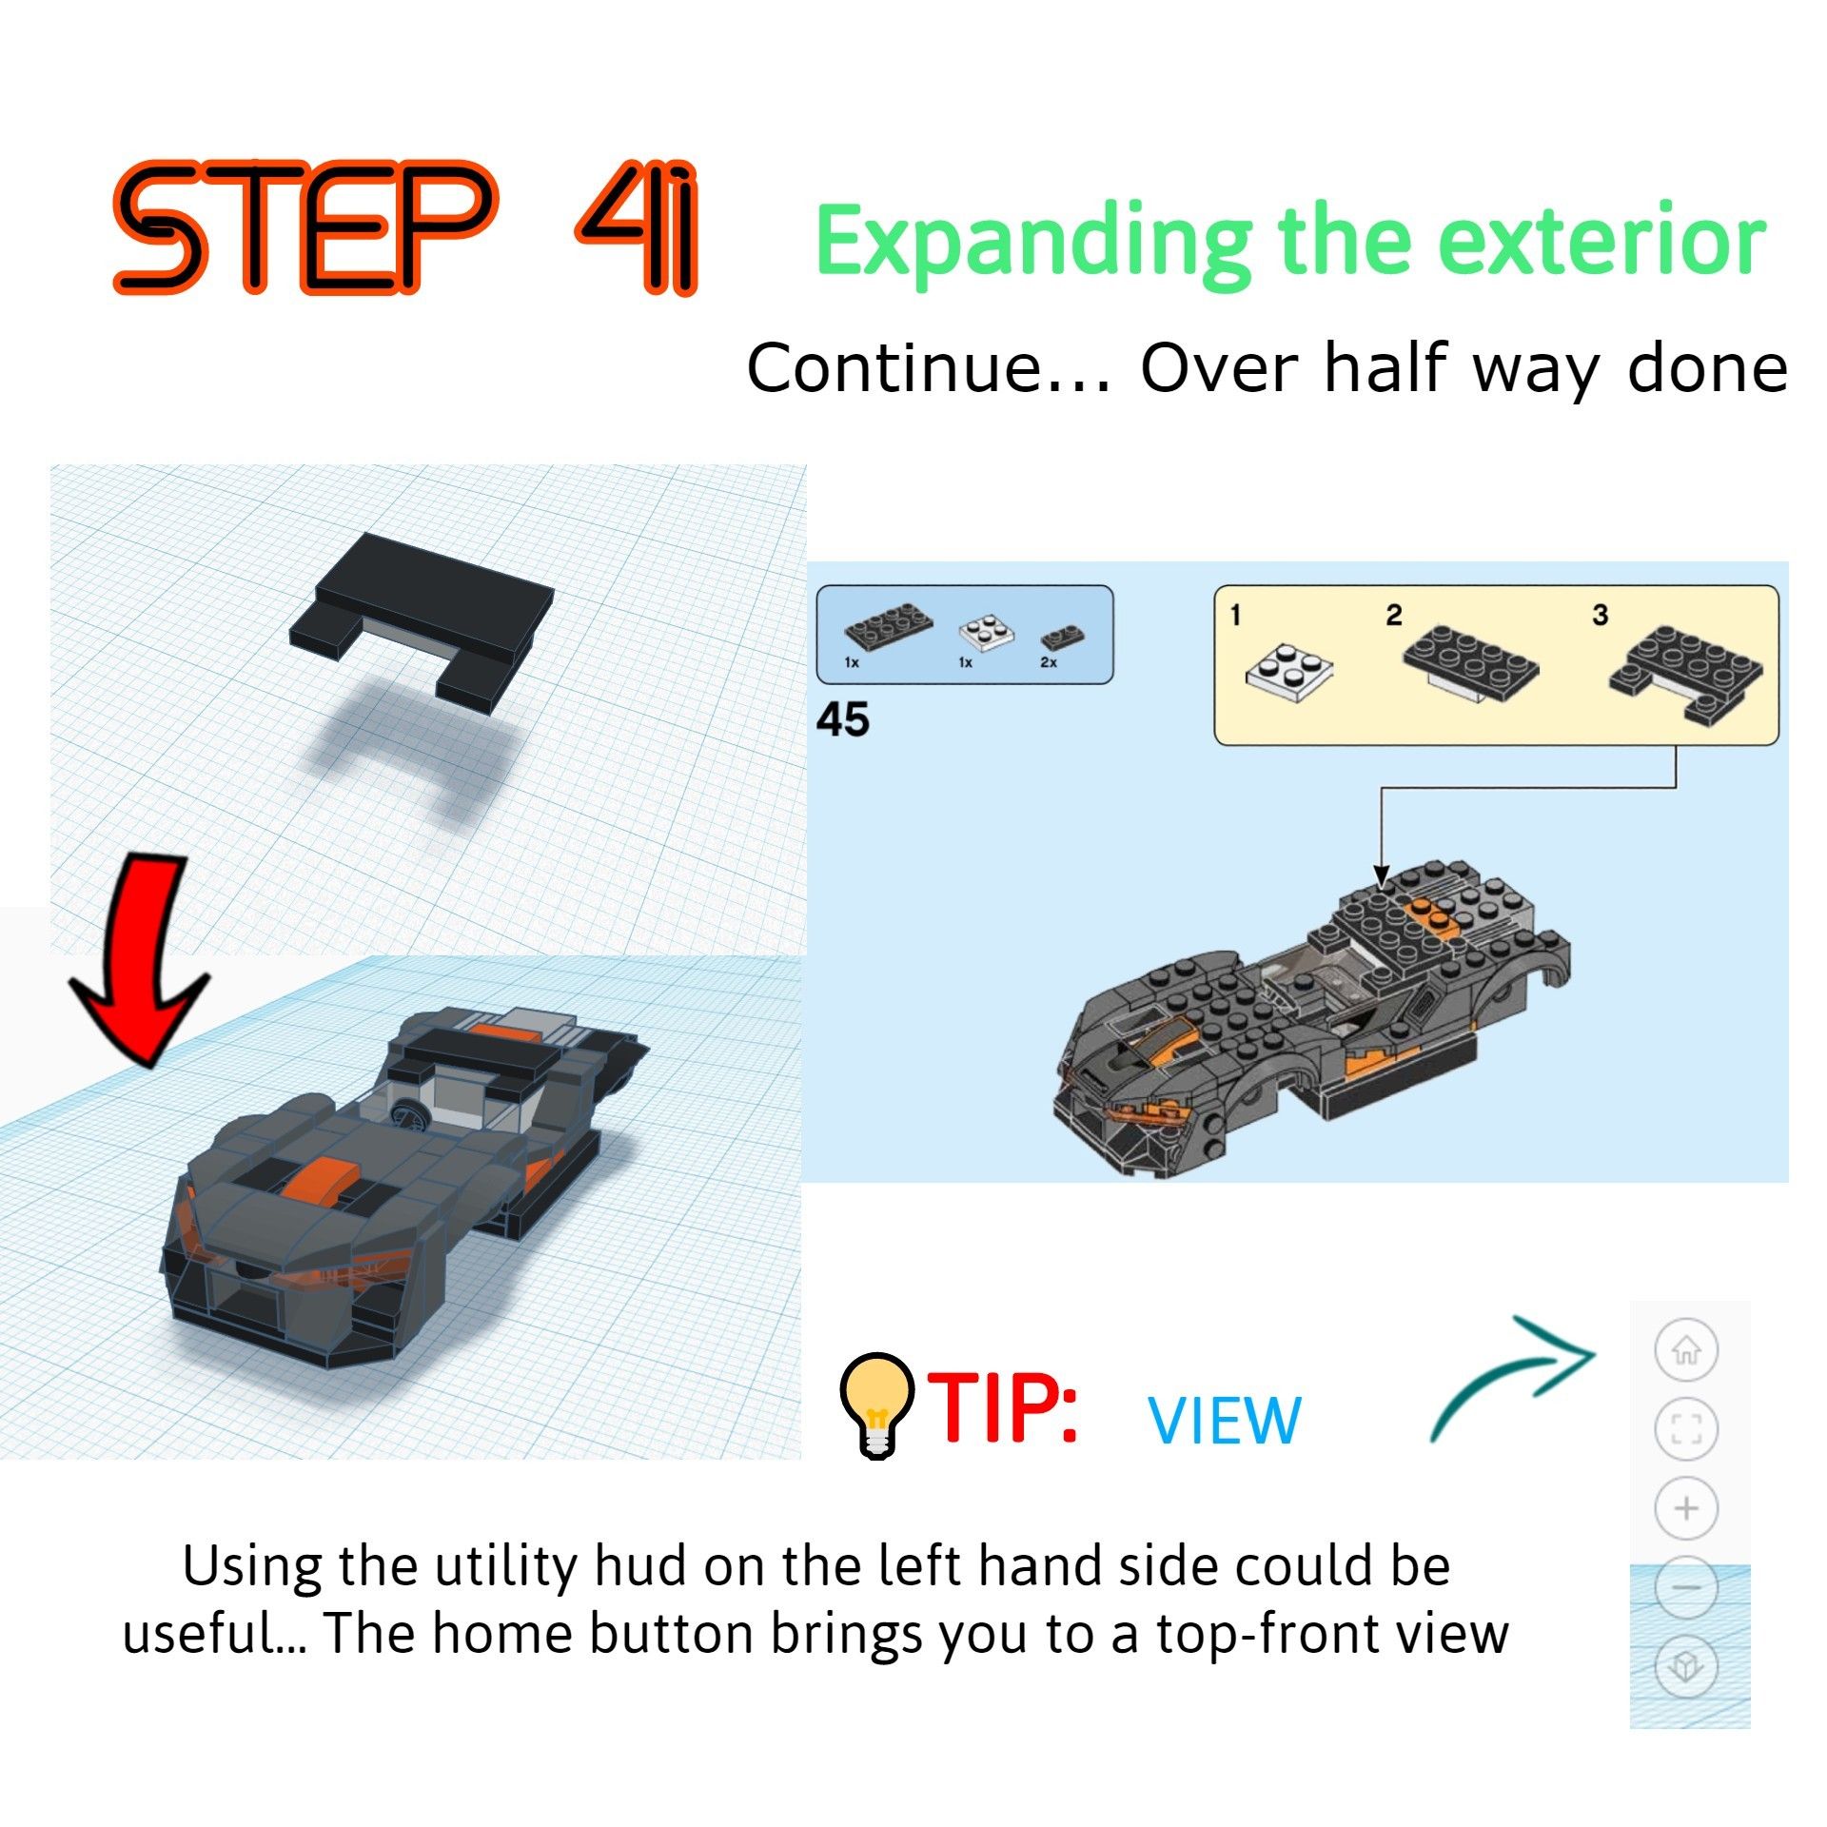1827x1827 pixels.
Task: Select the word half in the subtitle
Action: [x=1389, y=368]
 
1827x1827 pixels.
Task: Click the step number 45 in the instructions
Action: [x=842, y=720]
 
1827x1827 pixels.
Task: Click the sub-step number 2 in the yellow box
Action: [x=1394, y=615]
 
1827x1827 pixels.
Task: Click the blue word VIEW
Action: [x=1225, y=1422]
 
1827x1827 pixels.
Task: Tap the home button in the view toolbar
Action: [x=1686, y=1349]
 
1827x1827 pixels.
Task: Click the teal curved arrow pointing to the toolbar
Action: [x=1513, y=1375]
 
